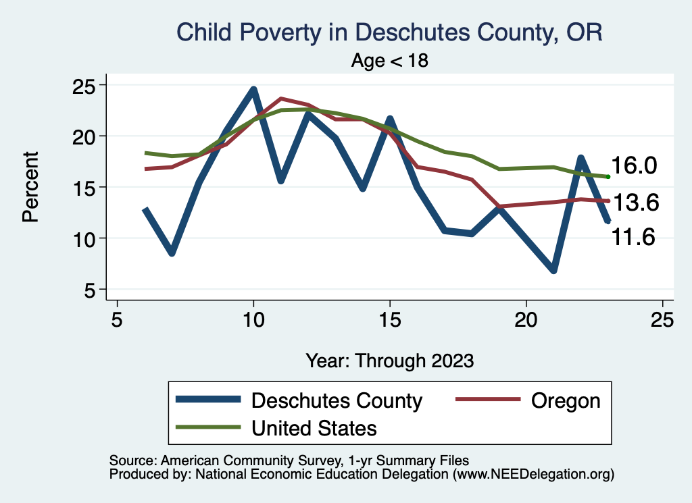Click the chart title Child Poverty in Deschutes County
click(389, 32)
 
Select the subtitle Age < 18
click(390, 61)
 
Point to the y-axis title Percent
click(30, 186)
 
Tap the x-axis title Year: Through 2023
click(389, 360)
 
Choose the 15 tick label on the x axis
click(389, 319)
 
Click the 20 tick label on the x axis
click(526, 319)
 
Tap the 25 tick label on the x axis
click(662, 319)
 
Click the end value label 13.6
click(634, 202)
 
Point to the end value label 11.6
click(634, 237)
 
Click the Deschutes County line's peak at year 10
click(253, 89)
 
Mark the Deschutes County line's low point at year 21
click(553, 271)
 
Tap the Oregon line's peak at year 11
click(280, 99)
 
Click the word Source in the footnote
click(128, 460)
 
